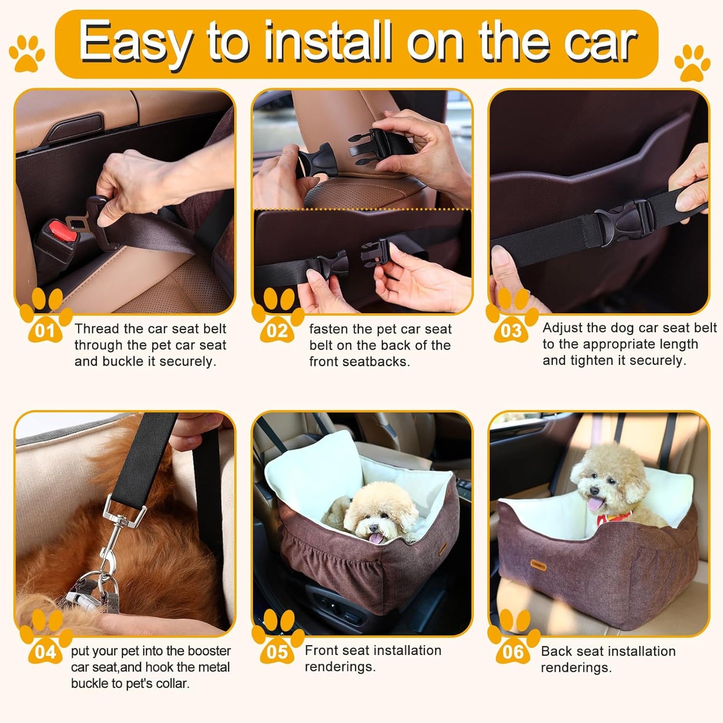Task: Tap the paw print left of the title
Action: point(27,52)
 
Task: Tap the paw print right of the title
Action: point(692,63)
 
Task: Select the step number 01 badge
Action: point(45,331)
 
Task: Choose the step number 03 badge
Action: point(511,331)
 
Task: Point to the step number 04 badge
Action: point(45,652)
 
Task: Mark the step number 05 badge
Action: point(277,652)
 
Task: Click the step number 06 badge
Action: point(512,652)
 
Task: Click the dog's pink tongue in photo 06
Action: point(594,503)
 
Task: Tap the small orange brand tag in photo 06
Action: point(539,564)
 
